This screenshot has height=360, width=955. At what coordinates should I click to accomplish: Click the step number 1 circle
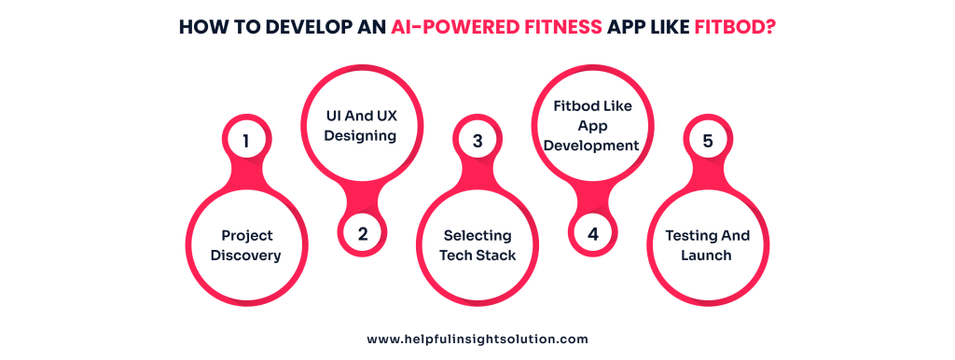click(245, 142)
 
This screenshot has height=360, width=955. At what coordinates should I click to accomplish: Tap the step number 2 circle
click(362, 235)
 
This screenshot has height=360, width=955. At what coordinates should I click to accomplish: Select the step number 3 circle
click(477, 142)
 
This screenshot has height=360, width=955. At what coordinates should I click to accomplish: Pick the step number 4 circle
click(593, 235)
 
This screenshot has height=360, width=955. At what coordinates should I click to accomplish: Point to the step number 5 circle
click(708, 142)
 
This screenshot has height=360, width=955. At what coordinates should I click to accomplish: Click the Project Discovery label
click(245, 245)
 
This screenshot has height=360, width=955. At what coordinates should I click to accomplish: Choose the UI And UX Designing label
click(362, 127)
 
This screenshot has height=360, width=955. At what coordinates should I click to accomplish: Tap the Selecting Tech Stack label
click(477, 245)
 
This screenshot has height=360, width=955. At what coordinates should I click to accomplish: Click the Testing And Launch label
click(707, 245)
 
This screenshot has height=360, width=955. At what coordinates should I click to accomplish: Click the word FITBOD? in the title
click(736, 28)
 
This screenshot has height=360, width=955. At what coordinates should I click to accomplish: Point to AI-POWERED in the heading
click(452, 28)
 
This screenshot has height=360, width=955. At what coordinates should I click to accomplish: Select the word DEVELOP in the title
click(286, 28)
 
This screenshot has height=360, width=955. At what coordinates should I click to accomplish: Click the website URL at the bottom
click(477, 339)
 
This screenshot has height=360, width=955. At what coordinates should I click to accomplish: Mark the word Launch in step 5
click(707, 255)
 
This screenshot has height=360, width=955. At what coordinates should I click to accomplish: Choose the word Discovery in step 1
click(245, 255)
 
